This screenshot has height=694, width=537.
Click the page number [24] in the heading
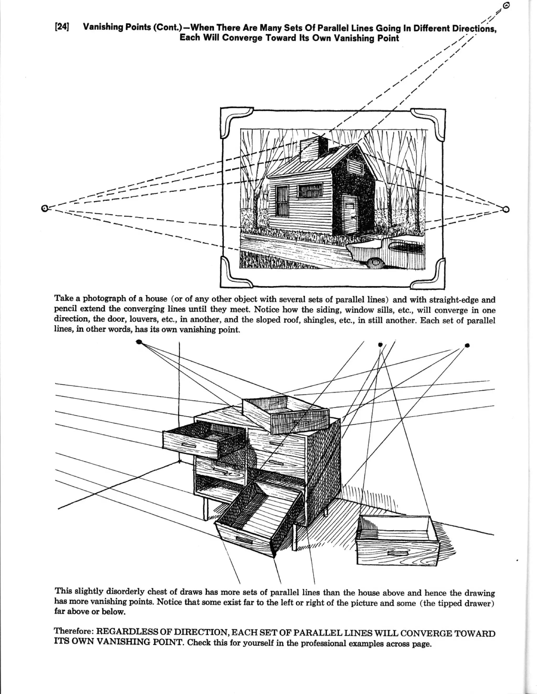point(62,27)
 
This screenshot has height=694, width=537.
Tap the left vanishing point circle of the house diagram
point(45,208)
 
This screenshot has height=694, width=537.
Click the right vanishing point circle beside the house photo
point(506,209)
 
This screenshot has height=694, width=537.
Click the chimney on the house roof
point(313,149)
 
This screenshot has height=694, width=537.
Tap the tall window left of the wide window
point(282,201)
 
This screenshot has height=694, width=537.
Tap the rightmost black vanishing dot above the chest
point(467,345)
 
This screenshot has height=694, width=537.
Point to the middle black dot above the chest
point(380,344)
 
